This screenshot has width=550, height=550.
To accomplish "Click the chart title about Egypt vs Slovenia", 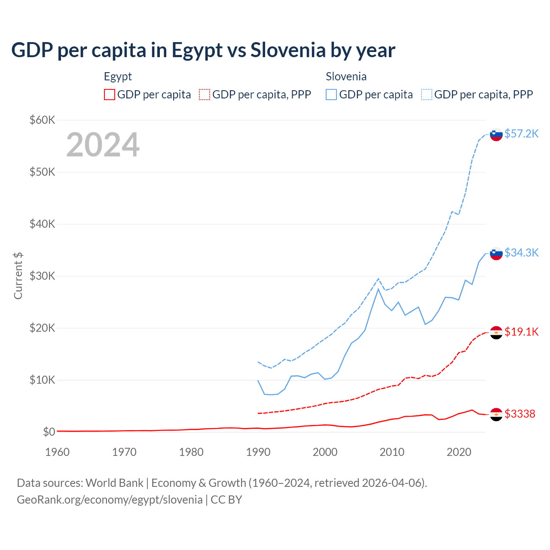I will [x=203, y=50].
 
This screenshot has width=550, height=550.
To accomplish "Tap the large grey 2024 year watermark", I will [x=103, y=145].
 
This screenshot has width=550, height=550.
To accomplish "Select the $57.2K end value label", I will [x=521, y=134].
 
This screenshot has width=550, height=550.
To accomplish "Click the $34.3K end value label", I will [x=521, y=253].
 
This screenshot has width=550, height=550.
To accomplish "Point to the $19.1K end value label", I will [x=521, y=332].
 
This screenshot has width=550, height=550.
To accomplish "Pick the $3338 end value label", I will [x=520, y=414].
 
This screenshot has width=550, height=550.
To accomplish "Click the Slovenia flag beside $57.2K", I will [x=496, y=134].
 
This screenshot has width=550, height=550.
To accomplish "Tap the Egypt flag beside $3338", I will [x=496, y=415].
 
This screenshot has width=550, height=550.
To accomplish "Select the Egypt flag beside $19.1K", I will [x=496, y=333].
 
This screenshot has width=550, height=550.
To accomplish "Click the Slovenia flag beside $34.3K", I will [x=496, y=254].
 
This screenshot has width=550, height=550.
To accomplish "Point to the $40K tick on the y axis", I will [x=42, y=224].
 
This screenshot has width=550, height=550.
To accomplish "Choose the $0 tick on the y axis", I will [x=49, y=432].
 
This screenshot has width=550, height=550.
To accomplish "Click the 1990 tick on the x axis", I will [x=258, y=452].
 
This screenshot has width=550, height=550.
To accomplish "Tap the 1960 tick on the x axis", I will [x=57, y=452].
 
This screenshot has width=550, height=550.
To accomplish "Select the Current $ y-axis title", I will [x=18, y=276].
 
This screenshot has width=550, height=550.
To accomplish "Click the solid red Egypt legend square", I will [x=110, y=95].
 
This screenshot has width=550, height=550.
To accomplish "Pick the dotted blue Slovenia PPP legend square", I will [x=427, y=95].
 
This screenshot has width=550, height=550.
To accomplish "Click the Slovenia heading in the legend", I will [x=346, y=76].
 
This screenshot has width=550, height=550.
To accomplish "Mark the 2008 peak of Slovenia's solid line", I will [x=378, y=289].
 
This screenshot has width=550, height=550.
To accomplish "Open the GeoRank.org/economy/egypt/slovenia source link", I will [x=110, y=500].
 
